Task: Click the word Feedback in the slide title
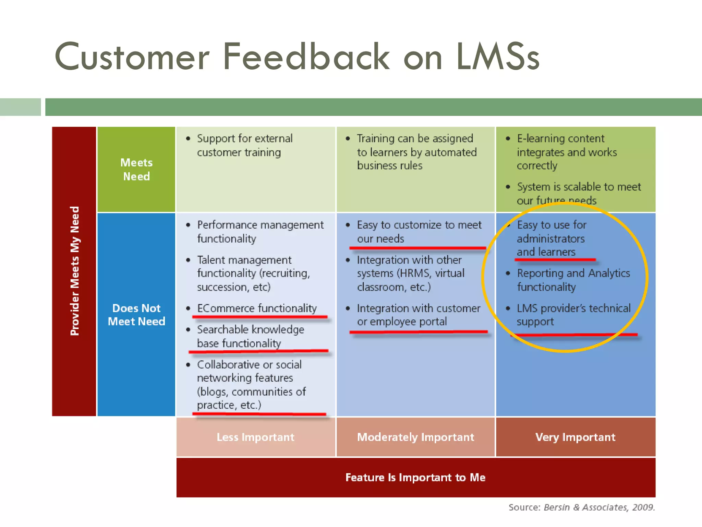306,57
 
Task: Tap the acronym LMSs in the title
498,57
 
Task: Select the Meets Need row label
136,169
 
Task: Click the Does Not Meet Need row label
136,315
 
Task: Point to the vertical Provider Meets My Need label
74,271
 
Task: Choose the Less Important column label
255,437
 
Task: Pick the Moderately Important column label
415,437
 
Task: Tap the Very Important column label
575,437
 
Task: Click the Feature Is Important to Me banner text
415,477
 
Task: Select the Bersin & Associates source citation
581,507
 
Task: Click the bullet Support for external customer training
244,145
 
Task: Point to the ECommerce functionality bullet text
257,308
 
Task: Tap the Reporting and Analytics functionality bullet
573,280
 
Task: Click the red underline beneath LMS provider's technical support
574,335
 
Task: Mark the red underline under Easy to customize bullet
417,247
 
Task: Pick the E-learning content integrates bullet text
566,152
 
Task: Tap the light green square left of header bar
20,107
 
